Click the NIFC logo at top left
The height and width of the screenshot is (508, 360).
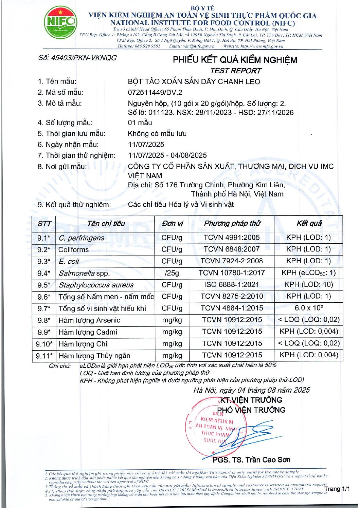(60, 22)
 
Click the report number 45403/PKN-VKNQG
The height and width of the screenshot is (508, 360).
(77, 58)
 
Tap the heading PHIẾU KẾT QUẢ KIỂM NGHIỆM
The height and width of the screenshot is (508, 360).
(235, 60)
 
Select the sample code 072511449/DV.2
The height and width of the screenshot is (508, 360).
(155, 92)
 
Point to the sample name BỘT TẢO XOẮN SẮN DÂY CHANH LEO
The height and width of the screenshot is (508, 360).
(194, 81)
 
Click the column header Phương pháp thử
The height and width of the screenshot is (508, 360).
(232, 223)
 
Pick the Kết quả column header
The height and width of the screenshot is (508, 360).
(309, 223)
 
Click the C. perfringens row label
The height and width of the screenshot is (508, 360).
(82, 238)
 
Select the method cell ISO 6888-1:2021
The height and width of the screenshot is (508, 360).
(232, 284)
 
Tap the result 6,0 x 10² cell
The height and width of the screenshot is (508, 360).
(309, 308)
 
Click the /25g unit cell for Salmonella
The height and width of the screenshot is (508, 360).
(172, 273)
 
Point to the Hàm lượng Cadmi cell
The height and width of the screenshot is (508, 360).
(88, 332)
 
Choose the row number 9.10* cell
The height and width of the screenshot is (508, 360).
(44, 344)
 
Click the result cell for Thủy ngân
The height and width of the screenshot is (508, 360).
(309, 355)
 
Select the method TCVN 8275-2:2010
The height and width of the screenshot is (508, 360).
(232, 296)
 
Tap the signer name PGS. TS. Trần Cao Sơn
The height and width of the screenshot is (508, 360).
(251, 459)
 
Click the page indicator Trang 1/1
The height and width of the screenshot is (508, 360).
(337, 489)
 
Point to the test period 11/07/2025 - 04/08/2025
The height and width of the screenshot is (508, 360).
(167, 155)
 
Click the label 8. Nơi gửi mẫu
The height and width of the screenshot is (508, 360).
(62, 166)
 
